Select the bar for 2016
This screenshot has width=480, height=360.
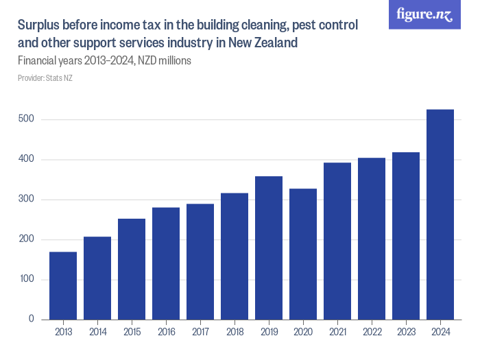point(166,263)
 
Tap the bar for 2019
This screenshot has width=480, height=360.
point(269,248)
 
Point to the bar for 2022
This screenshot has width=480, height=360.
point(372,239)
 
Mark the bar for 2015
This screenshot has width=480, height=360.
point(132,269)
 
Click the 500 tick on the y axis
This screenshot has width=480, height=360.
point(27,120)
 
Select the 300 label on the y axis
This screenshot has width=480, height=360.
point(27,200)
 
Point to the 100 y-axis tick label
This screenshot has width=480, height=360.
point(27,280)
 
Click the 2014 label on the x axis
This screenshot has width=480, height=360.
point(97,333)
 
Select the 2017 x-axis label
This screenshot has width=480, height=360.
point(200,333)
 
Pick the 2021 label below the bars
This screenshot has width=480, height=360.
point(337,333)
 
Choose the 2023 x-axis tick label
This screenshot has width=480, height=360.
point(406,333)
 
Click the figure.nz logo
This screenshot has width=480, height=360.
point(424,14)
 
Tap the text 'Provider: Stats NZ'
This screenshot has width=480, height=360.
point(45,78)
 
